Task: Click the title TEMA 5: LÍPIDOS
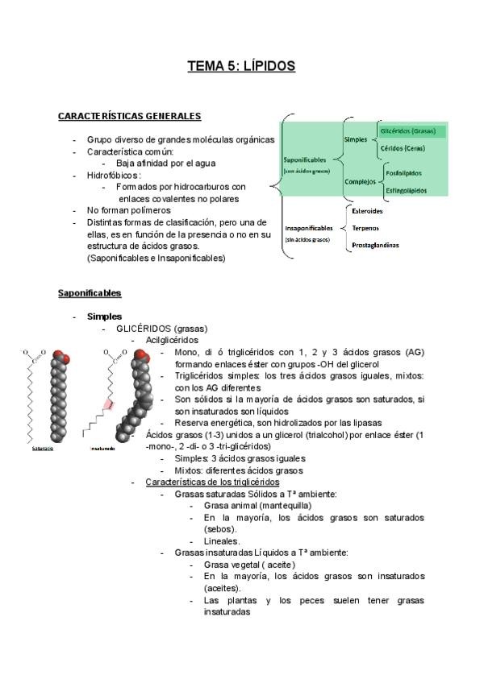coord(241,66)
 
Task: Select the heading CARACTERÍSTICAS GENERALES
coord(129,117)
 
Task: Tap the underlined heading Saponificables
coord(90,292)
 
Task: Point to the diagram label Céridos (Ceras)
coord(403,147)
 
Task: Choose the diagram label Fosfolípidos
coord(406,173)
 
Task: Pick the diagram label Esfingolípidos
coord(407,190)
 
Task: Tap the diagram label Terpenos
coord(365,228)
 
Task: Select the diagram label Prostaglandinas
coord(375,245)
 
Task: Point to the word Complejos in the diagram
coord(360,181)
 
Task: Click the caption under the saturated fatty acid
coord(42,449)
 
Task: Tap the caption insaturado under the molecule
coord(102,449)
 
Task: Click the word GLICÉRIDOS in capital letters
coord(144,329)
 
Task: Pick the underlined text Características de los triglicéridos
coord(212,482)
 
